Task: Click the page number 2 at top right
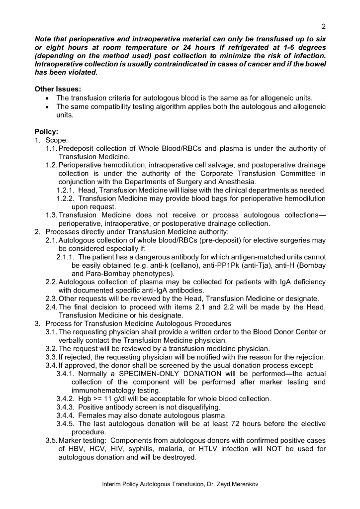(323, 26)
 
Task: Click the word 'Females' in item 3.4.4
(92, 415)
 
